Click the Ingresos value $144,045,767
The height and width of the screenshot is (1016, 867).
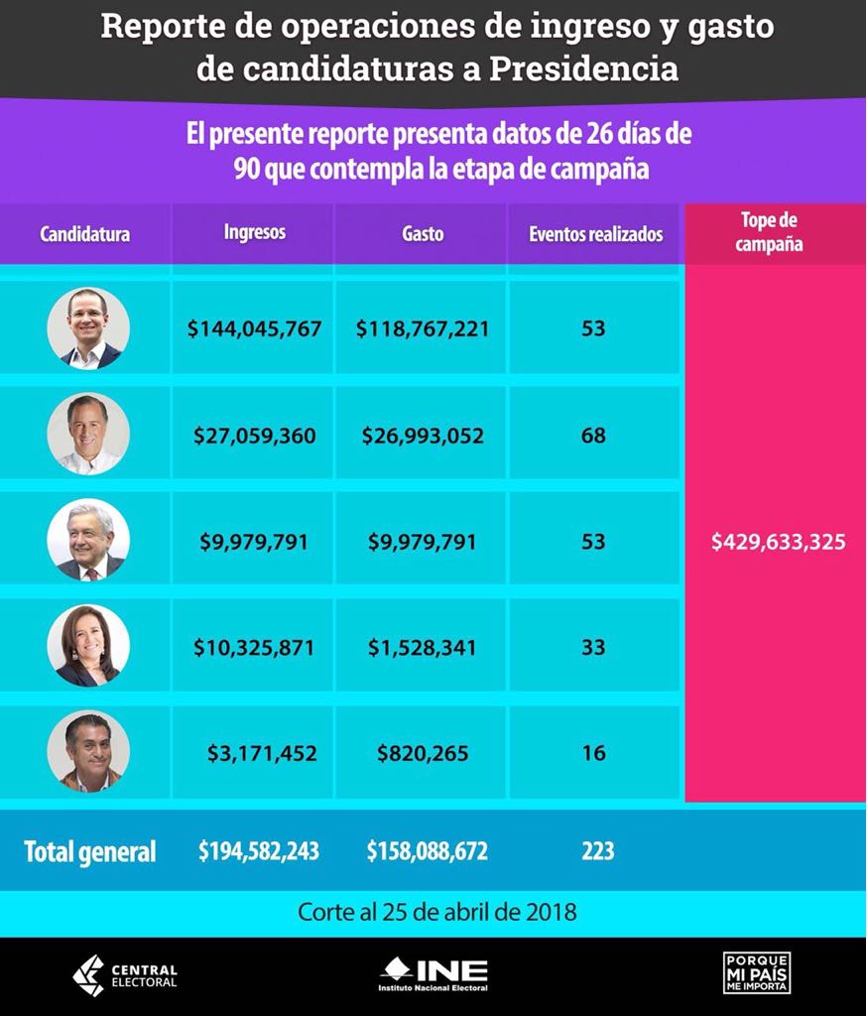point(254,328)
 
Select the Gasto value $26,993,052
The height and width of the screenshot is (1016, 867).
point(423,436)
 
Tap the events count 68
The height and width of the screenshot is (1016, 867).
point(593,436)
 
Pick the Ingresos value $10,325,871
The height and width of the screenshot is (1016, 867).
point(254,648)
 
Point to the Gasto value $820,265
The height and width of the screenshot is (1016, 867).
point(423,753)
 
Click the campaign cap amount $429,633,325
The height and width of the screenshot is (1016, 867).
point(779,543)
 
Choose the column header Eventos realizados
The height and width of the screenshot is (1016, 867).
point(595,234)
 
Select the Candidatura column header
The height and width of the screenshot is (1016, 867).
point(85,234)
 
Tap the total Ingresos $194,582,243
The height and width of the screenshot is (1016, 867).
point(259,850)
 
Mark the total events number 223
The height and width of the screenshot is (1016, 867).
point(598,850)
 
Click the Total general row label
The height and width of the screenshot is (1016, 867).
point(90,851)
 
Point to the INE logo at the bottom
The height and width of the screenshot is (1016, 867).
point(433,974)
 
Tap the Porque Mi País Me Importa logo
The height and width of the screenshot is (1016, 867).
point(757,973)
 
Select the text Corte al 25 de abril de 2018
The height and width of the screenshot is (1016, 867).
point(437,912)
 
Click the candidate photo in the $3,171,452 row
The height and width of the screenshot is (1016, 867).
point(88,751)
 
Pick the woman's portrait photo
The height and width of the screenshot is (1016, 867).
point(88,646)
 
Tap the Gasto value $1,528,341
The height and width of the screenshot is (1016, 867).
point(423,648)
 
